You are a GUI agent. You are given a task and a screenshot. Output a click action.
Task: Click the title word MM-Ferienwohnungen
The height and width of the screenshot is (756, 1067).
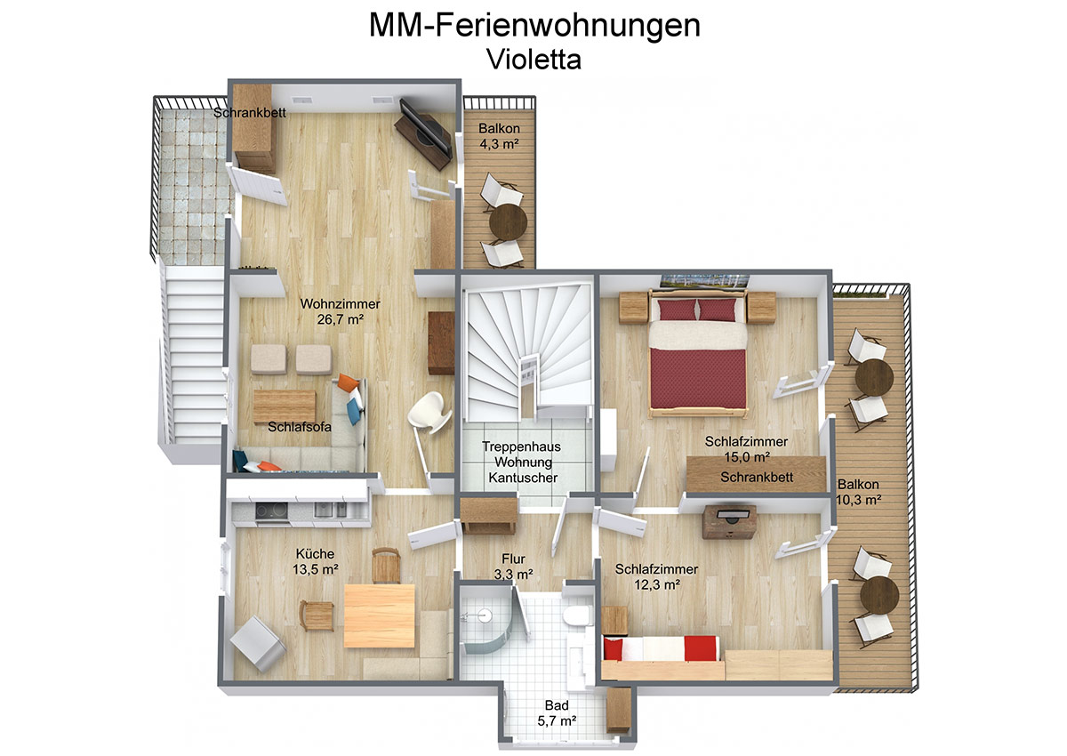click(x=534, y=26)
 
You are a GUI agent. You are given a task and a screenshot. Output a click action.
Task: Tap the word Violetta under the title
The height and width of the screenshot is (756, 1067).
click(x=534, y=60)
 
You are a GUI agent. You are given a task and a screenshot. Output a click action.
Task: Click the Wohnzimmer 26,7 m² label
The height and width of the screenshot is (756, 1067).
click(x=340, y=311)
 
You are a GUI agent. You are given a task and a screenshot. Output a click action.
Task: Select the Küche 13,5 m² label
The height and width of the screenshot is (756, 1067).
click(x=315, y=561)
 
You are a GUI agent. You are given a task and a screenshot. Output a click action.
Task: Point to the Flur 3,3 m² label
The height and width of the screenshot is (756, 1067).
click(x=513, y=567)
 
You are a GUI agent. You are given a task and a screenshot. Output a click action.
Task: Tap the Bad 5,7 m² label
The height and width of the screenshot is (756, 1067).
click(x=557, y=713)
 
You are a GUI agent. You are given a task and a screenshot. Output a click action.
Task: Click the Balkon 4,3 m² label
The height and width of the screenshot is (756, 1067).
click(x=499, y=136)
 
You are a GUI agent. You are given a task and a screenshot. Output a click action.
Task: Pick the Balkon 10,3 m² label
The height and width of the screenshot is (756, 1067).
click(x=858, y=492)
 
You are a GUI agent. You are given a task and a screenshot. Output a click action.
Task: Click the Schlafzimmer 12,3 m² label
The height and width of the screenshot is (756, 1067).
click(x=656, y=576)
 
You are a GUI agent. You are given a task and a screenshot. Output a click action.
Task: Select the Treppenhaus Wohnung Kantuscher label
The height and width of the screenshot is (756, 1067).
click(x=523, y=462)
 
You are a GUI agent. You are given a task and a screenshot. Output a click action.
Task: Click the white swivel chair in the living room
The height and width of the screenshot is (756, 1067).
click(x=430, y=412)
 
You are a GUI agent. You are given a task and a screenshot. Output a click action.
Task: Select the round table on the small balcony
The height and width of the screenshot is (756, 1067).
click(x=508, y=223)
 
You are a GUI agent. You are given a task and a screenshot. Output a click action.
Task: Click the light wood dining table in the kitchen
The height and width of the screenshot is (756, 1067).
click(x=379, y=616)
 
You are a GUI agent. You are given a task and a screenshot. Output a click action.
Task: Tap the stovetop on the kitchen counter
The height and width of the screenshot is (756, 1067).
click(x=271, y=511)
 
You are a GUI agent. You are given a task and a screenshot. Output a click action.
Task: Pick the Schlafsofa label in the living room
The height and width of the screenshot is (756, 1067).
click(x=299, y=427)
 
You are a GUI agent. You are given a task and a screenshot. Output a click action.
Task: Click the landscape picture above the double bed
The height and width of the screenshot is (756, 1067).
click(x=704, y=282)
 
